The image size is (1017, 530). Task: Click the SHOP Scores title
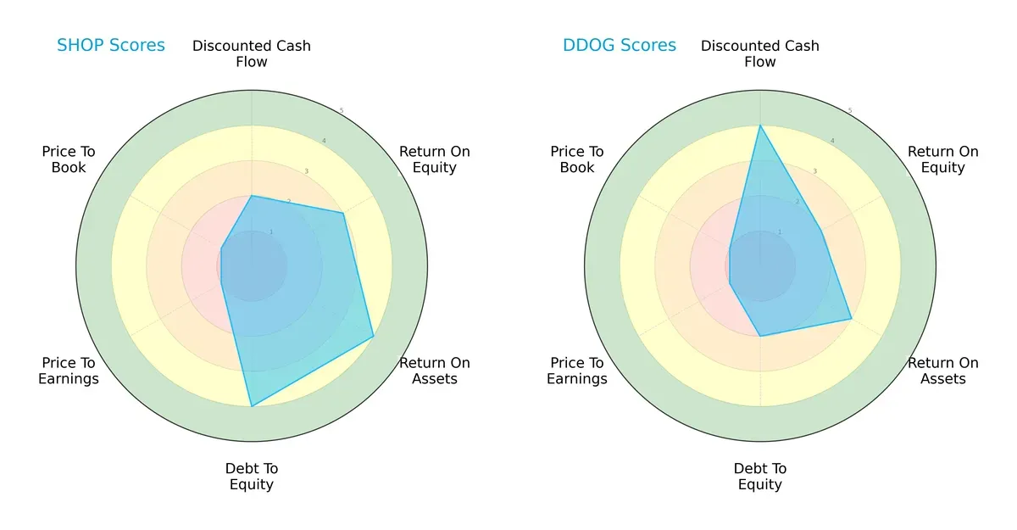coord(111,46)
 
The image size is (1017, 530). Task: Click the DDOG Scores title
coord(620,46)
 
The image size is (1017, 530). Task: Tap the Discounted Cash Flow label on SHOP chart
coord(252,53)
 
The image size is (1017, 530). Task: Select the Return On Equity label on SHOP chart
coord(435,159)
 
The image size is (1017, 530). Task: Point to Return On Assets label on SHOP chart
coord(435,371)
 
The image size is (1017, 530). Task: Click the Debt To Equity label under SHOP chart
coord(252,477)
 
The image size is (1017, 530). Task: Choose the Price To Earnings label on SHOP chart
coord(69,371)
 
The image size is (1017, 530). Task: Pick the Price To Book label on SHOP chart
coord(69,159)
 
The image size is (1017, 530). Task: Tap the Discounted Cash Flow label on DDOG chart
coord(760,53)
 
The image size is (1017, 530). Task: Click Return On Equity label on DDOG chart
coord(943,159)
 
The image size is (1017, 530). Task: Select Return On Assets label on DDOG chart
coord(943,371)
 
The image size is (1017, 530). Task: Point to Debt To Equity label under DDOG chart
coord(760,477)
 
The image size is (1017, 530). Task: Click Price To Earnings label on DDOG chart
coord(577,371)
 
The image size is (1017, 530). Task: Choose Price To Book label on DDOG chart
coord(577,159)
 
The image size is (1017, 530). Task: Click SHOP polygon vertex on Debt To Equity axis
coord(252,406)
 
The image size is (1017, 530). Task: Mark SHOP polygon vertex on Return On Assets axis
coord(374,337)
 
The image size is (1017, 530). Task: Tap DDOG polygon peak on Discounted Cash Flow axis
coord(760,126)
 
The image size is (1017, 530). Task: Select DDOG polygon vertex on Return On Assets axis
coord(851,319)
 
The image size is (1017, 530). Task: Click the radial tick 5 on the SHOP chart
coord(342,111)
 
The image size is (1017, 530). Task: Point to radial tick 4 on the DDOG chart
coord(832,141)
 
